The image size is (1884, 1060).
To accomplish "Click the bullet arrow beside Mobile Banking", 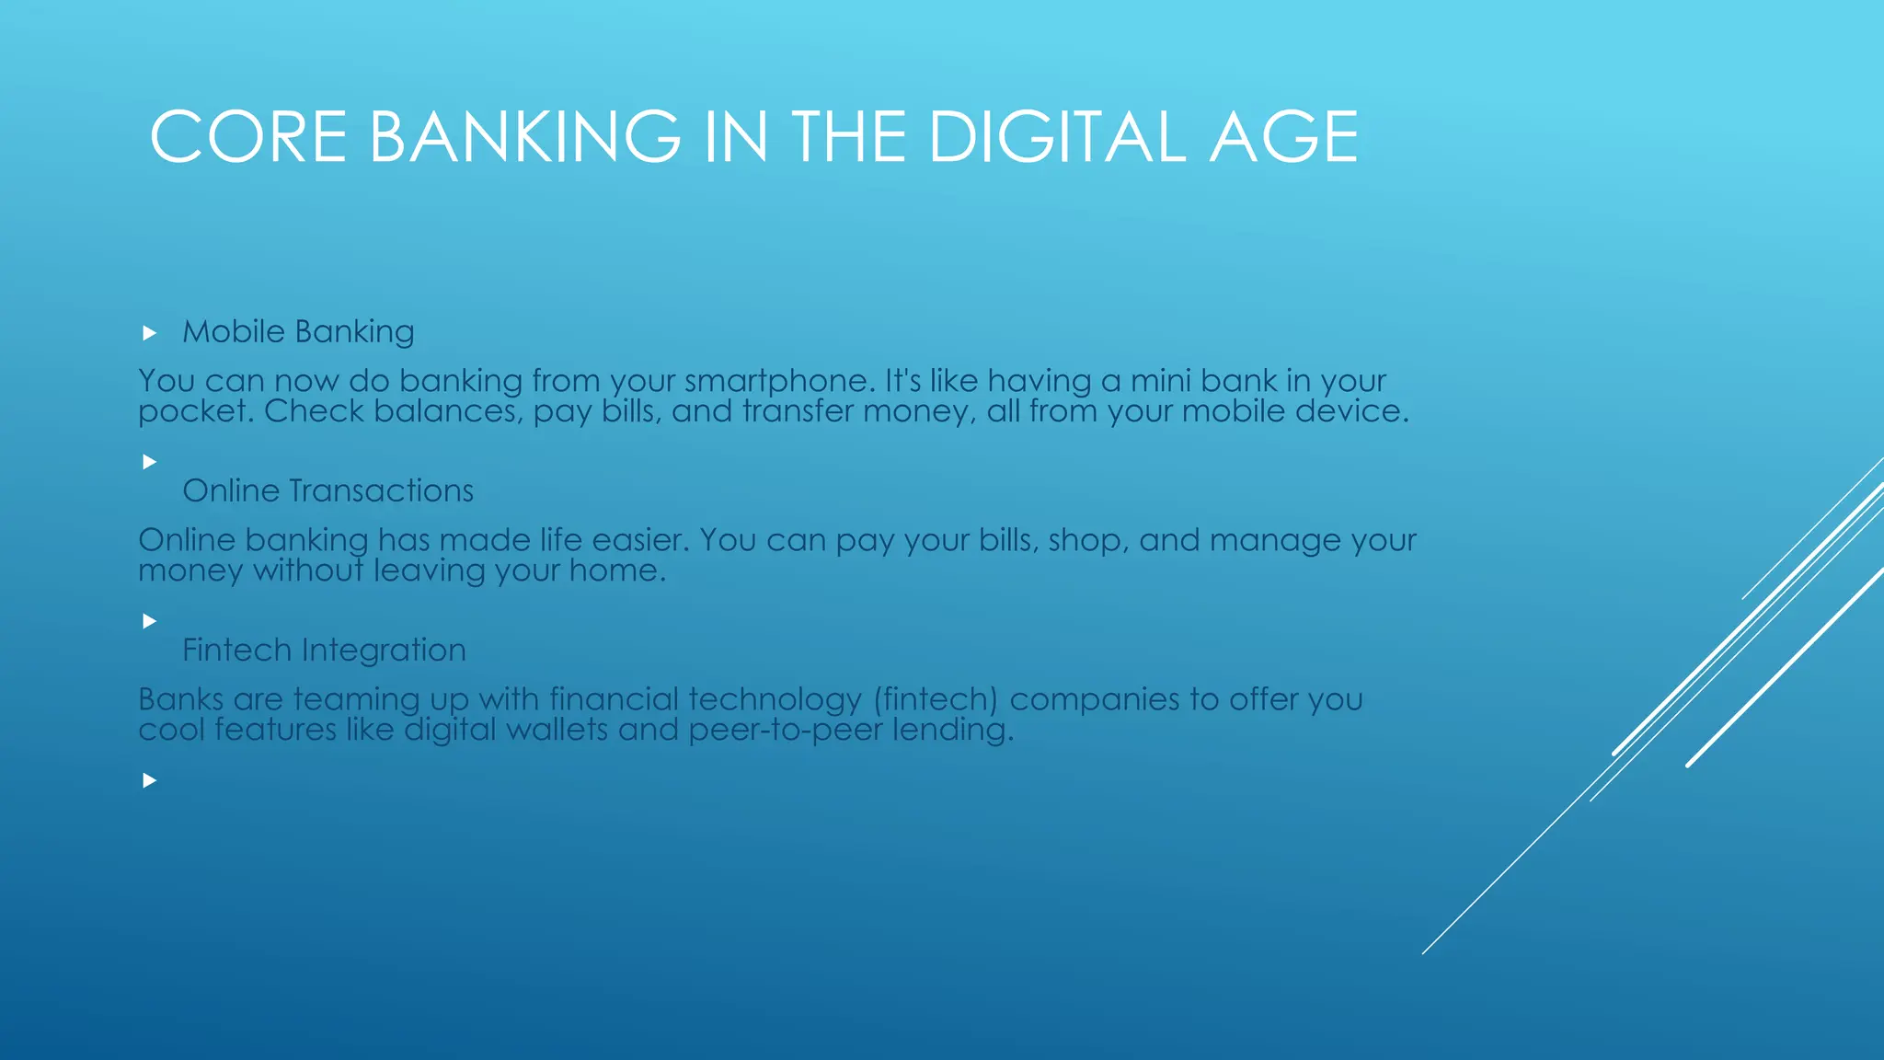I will click(149, 333).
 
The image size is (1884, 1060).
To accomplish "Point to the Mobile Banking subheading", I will click(298, 331).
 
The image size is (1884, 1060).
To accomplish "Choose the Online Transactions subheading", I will click(327, 490).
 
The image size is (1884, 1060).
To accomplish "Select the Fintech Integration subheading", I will click(324, 650).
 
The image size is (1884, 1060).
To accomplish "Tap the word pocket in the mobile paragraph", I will click(193, 411).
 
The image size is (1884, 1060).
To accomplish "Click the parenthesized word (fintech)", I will click(936, 699).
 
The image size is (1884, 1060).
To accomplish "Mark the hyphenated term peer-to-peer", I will click(785, 730).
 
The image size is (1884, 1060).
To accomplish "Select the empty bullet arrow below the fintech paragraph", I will click(149, 780).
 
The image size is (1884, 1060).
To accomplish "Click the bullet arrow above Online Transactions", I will click(149, 462).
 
